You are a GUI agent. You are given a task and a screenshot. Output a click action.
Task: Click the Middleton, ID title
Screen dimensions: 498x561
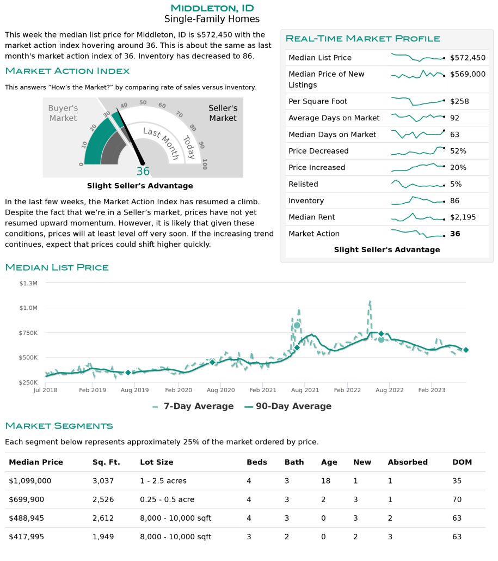212,8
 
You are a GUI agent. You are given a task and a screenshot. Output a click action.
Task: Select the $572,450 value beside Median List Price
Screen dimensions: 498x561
468,58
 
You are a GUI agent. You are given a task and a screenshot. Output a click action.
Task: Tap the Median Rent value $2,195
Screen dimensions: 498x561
463,217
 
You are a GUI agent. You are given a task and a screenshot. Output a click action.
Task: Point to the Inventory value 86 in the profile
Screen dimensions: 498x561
454,201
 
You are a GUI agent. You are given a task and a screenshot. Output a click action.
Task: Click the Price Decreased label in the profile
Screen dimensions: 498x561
318,151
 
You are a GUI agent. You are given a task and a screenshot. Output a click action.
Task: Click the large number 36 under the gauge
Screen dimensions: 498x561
143,172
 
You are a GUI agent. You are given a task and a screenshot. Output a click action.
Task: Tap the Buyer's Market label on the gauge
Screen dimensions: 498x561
63,113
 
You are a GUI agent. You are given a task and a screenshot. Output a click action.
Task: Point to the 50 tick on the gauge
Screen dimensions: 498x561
143,102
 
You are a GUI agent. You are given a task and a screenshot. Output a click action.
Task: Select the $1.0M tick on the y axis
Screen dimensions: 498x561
28,308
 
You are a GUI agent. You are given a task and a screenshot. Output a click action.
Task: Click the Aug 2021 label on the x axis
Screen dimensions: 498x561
305,390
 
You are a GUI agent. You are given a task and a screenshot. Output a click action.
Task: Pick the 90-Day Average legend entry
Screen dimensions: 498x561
288,406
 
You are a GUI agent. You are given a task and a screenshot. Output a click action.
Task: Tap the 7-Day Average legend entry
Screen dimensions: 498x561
193,406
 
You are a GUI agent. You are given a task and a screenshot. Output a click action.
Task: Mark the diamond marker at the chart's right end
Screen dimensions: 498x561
466,350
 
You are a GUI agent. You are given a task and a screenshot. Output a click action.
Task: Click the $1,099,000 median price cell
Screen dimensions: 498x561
30,481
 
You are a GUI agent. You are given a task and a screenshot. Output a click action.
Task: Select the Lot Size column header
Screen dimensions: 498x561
157,462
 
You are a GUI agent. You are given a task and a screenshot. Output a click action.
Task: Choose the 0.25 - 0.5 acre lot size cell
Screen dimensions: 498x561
167,499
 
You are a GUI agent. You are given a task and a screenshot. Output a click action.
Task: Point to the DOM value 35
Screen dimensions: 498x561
457,481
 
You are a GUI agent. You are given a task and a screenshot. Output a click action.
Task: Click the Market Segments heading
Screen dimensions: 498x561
59,426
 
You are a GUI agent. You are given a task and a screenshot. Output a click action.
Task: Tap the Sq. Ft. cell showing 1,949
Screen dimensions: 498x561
103,536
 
